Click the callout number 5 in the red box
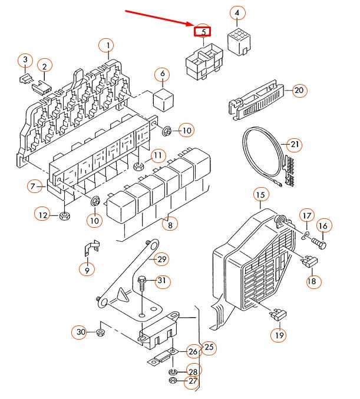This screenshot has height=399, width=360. click(203, 31)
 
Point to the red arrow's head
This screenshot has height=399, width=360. click(192, 25)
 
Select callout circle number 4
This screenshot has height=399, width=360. click(237, 13)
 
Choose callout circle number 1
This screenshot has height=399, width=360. click(107, 45)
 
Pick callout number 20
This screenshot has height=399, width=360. click(299, 90)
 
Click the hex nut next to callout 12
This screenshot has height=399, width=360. click(65, 216)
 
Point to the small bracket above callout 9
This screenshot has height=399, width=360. click(90, 249)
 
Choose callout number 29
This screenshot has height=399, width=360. click(161, 259)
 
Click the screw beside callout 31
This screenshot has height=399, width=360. click(142, 288)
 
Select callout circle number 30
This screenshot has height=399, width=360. click(81, 333)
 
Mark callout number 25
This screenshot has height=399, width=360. click(209, 348)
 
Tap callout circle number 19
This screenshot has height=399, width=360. click(279, 335)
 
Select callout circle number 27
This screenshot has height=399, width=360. click(193, 381)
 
